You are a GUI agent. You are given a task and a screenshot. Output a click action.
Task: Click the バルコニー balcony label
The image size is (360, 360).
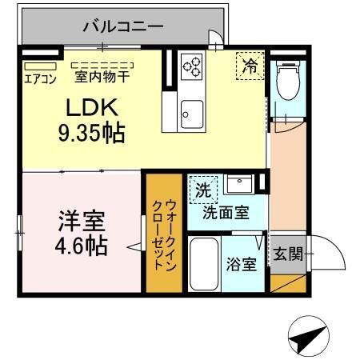point(123,26)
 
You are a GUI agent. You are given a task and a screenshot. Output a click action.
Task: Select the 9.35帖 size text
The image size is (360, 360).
point(90,132)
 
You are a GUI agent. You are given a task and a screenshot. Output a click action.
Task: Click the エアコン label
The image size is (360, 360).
point(38,78)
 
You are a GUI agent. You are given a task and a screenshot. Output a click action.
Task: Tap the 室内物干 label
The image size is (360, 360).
point(102,78)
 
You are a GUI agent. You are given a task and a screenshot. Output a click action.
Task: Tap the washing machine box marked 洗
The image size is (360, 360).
point(202,190)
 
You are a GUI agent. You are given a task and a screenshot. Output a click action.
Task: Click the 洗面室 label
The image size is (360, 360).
point(225,212)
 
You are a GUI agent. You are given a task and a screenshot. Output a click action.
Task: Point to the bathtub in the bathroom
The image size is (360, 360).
point(204,264)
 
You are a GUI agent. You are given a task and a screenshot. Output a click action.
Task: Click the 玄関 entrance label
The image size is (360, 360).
point(288,255)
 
